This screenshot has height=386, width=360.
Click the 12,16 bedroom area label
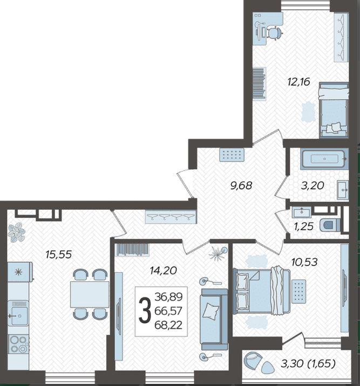coord(298,82)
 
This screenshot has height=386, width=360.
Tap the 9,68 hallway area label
coord(241,185)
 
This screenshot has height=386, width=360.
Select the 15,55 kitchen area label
coord(59,254)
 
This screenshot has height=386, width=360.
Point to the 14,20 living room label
coord(164,271)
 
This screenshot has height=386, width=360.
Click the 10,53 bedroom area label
coord(304,262)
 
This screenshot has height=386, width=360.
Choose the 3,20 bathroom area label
coord(313,185)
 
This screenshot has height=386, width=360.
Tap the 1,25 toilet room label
coord(303,226)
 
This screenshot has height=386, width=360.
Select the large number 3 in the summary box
coord(145,311)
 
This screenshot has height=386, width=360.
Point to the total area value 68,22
coord(168,325)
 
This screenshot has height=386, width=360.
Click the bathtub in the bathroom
coord(324,159)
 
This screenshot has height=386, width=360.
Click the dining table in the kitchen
coord(90,294)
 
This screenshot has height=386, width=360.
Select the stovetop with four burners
coord(18,344)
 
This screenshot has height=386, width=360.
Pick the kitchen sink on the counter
coord(18,314)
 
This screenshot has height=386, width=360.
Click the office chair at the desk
coord(275,33)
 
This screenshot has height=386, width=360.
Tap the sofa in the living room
coord(214,320)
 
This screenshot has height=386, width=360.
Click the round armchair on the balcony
coord(253,361)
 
